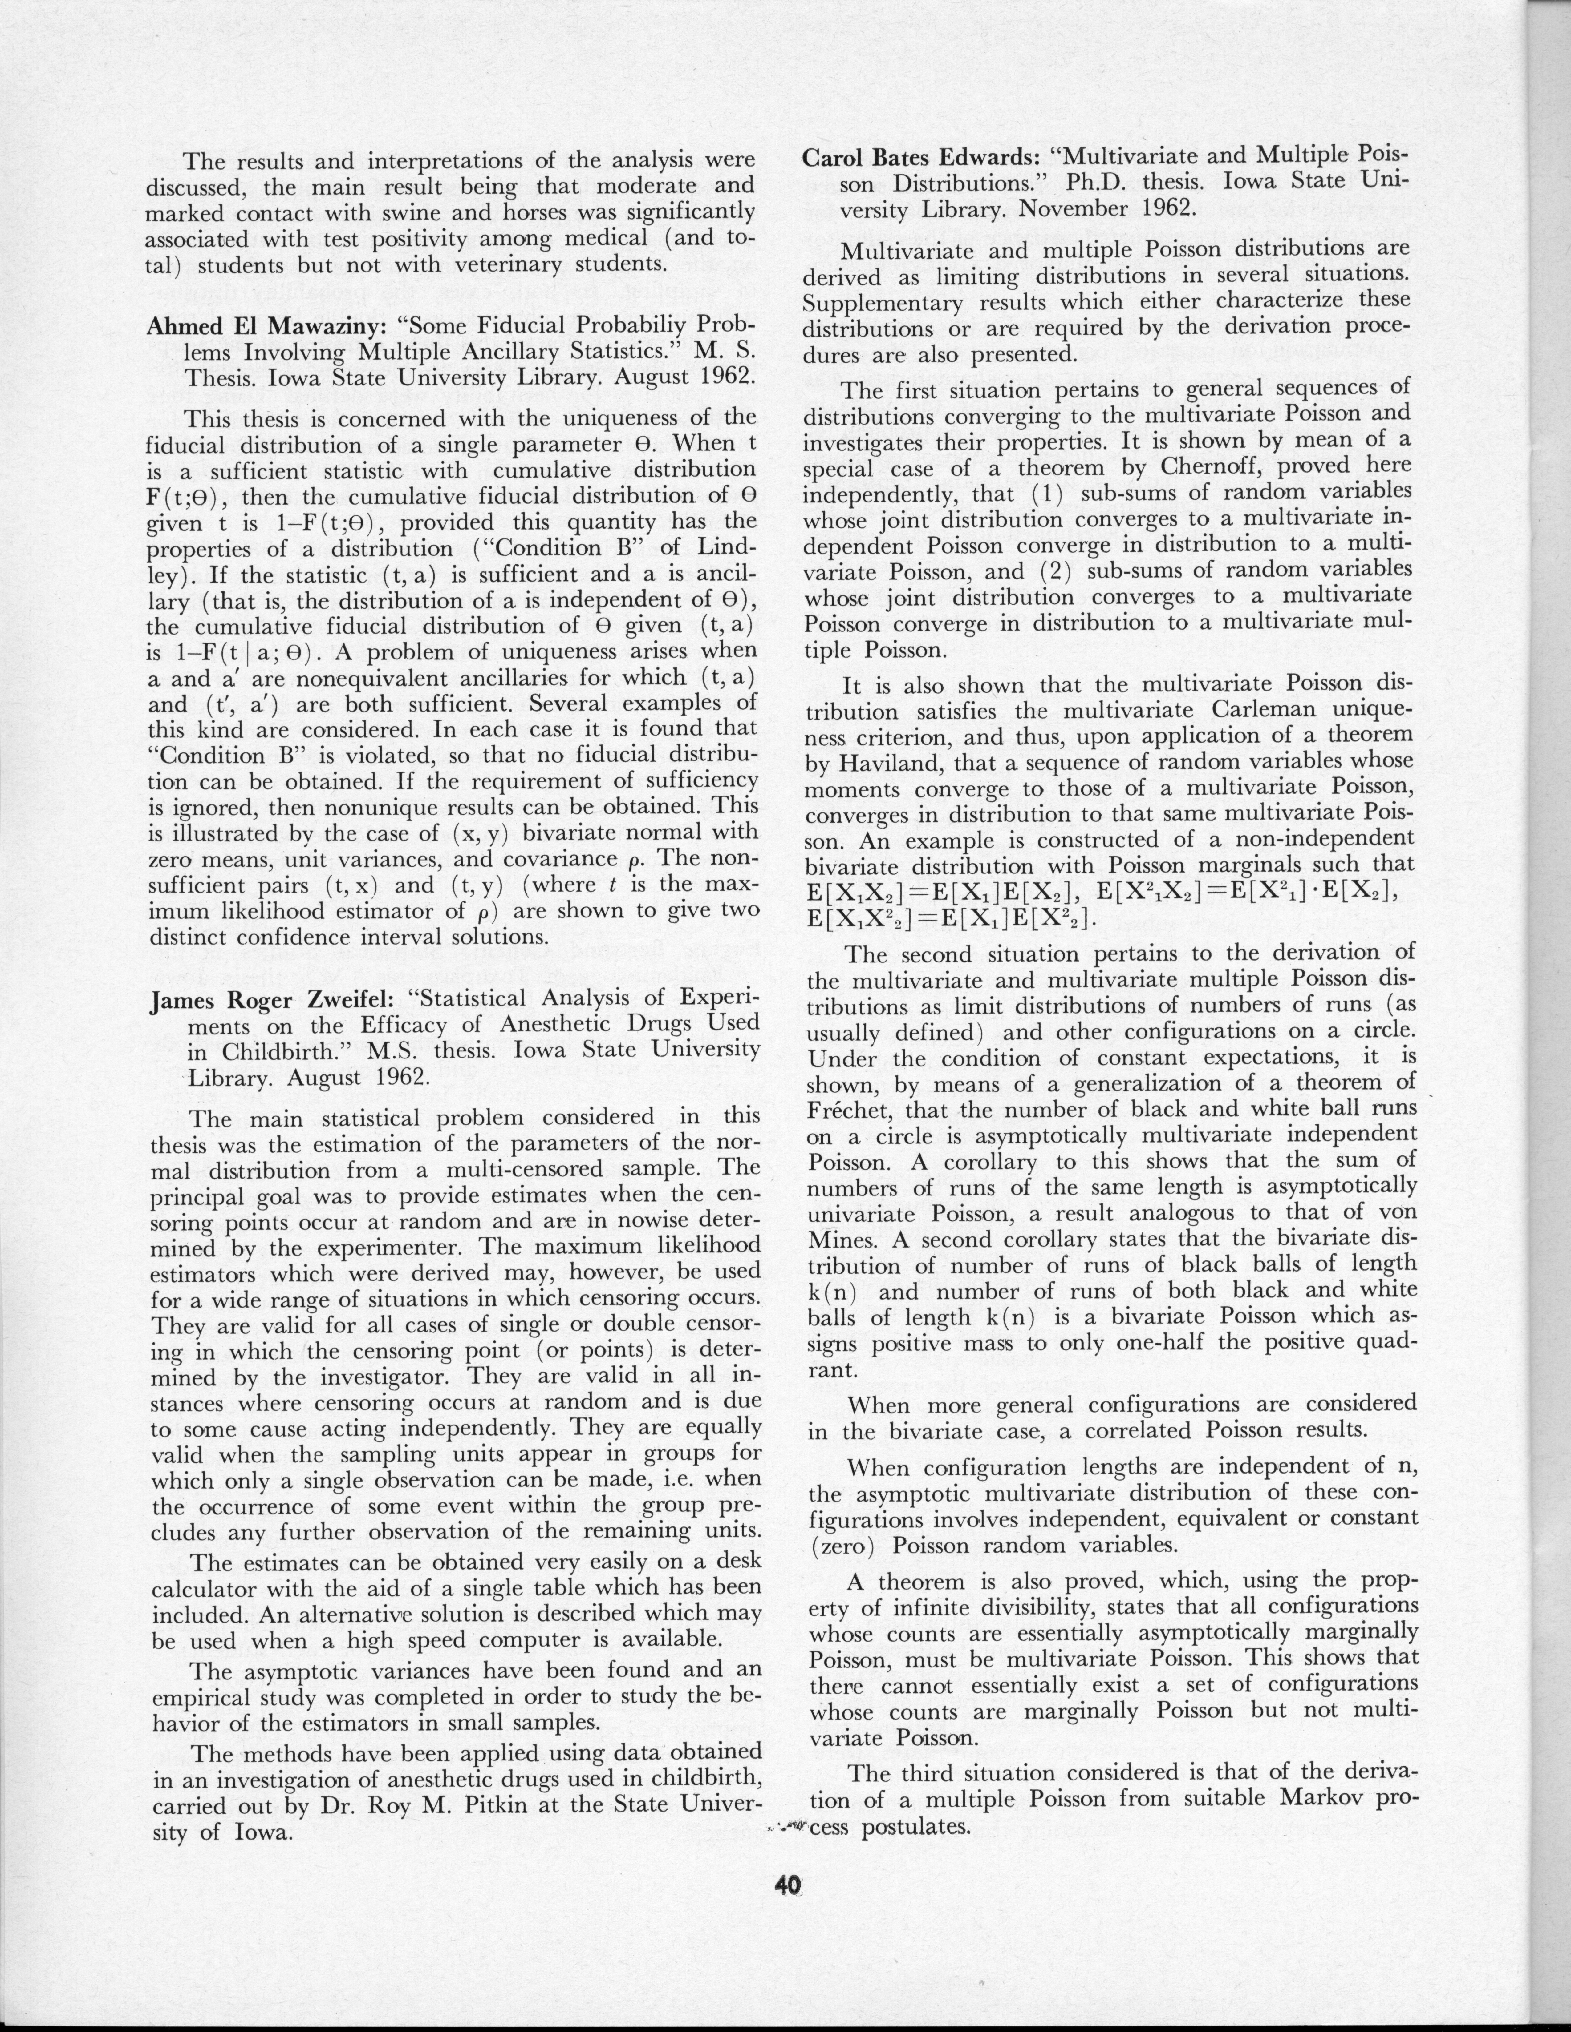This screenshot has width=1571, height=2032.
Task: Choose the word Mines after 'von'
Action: click(848, 1240)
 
